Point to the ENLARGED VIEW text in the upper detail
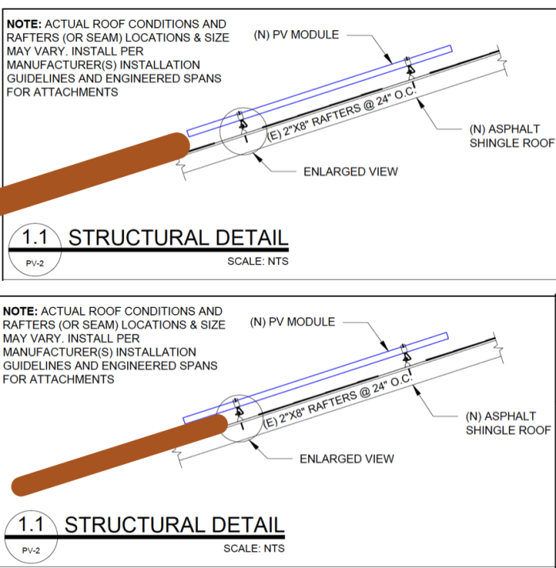coord(351,171)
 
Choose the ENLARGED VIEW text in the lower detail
coord(346,459)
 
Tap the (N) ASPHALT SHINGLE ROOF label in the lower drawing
coord(508,423)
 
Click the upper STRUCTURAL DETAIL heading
coord(178,237)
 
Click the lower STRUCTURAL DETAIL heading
coord(174,524)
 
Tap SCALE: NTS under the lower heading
coord(253,548)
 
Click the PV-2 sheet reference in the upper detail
coord(33,262)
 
